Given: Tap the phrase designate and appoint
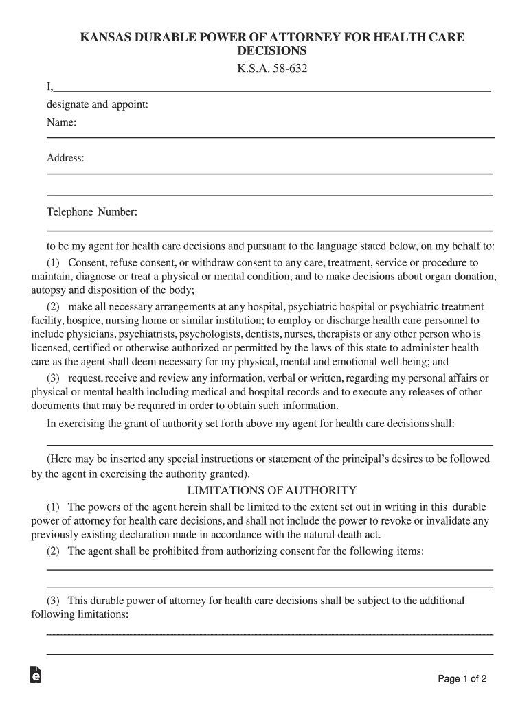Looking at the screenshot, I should click(x=98, y=104).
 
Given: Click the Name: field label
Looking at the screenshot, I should click(x=61, y=122).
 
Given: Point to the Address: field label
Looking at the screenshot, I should click(x=65, y=158).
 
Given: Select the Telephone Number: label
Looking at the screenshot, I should click(x=92, y=211).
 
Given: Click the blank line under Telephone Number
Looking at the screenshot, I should click(x=269, y=230).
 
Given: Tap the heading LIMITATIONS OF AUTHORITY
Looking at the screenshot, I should click(x=271, y=490).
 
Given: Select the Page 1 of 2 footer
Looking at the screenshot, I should click(x=462, y=679).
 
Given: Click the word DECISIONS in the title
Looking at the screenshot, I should click(x=271, y=51).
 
